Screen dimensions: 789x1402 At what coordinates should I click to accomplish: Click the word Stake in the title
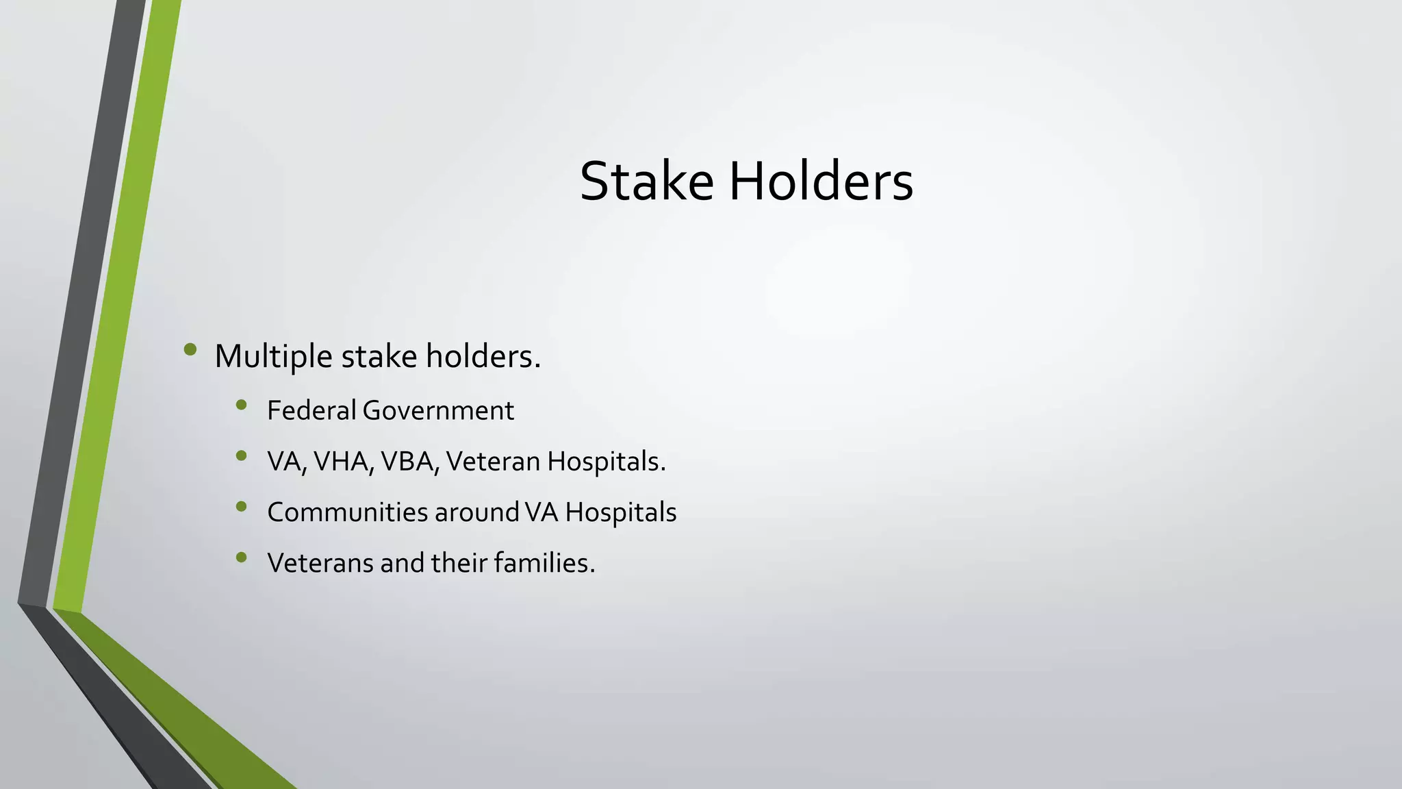click(646, 181)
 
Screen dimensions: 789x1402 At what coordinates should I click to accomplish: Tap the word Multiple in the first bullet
click(273, 357)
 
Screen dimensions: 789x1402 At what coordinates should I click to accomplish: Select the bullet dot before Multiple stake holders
click(190, 351)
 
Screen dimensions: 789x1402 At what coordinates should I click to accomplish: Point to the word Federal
click(311, 410)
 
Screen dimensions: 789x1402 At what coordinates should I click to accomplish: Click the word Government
click(438, 410)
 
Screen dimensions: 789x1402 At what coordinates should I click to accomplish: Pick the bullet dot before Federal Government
click(241, 405)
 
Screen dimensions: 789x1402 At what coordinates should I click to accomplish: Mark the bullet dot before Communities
click(241, 507)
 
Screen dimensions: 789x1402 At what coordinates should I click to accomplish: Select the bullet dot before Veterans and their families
click(241, 558)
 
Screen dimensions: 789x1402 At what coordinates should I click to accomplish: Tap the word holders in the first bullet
click(483, 357)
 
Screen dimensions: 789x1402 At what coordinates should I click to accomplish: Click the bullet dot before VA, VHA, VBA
click(241, 456)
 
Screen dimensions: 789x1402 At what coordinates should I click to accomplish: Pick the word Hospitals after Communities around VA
click(620, 512)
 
